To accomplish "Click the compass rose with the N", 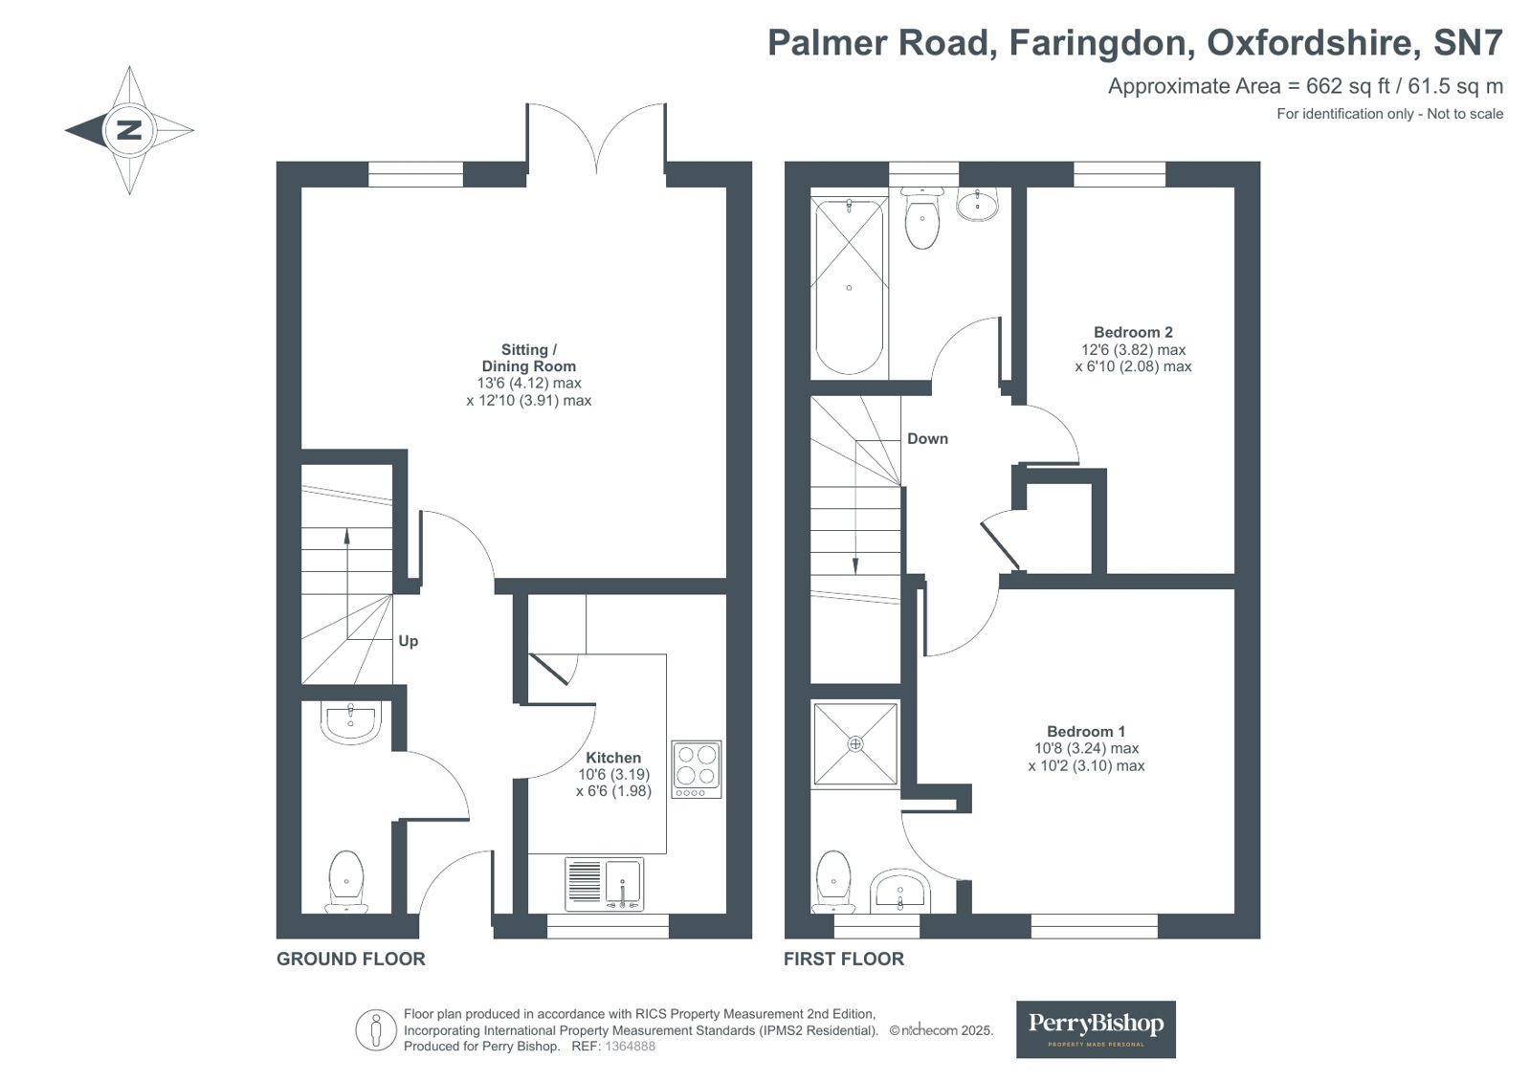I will tap(129, 130).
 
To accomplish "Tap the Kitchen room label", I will tap(613, 757).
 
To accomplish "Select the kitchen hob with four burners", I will tap(696, 769).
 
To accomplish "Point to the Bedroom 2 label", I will tap(1133, 333).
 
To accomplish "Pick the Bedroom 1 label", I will tap(1086, 732).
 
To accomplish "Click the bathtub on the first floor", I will tap(849, 287).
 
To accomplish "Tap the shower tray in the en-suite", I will tap(854, 744).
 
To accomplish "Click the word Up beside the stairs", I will tap(409, 641).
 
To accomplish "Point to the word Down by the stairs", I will tap(927, 439).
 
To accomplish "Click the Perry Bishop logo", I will tap(1096, 1028).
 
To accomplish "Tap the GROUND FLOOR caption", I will tap(350, 959).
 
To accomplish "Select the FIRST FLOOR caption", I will tap(843, 959).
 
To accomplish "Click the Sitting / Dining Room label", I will tap(528, 358).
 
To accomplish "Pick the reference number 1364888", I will tap(631, 1047).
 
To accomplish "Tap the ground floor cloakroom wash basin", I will tap(351, 723).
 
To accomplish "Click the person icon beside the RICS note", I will tap(376, 1031).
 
